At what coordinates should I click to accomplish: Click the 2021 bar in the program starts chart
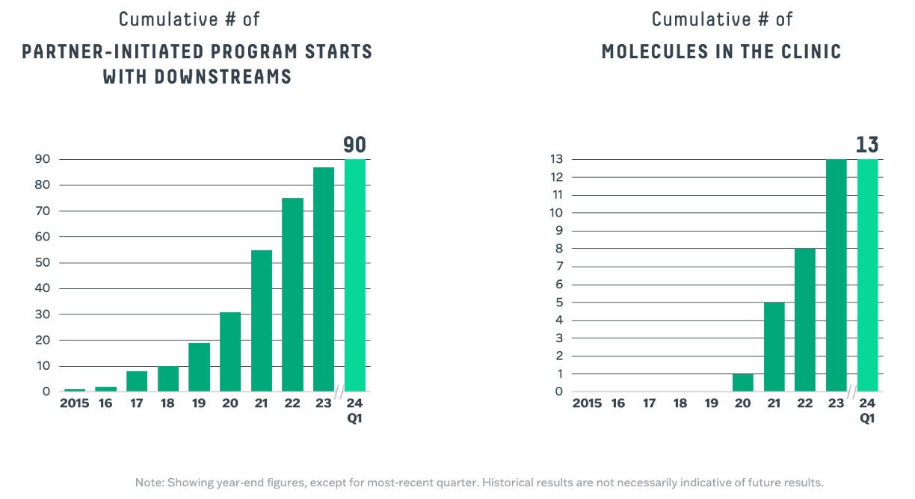(262, 321)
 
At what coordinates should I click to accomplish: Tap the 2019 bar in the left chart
(199, 368)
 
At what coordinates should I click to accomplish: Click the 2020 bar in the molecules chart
(743, 382)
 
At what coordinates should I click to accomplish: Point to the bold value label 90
(355, 146)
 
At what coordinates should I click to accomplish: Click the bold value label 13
(867, 146)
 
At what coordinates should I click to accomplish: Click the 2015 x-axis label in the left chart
(75, 404)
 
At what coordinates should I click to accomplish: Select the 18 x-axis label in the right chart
(680, 404)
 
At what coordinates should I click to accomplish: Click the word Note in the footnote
(148, 482)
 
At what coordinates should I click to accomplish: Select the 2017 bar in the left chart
(137, 382)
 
